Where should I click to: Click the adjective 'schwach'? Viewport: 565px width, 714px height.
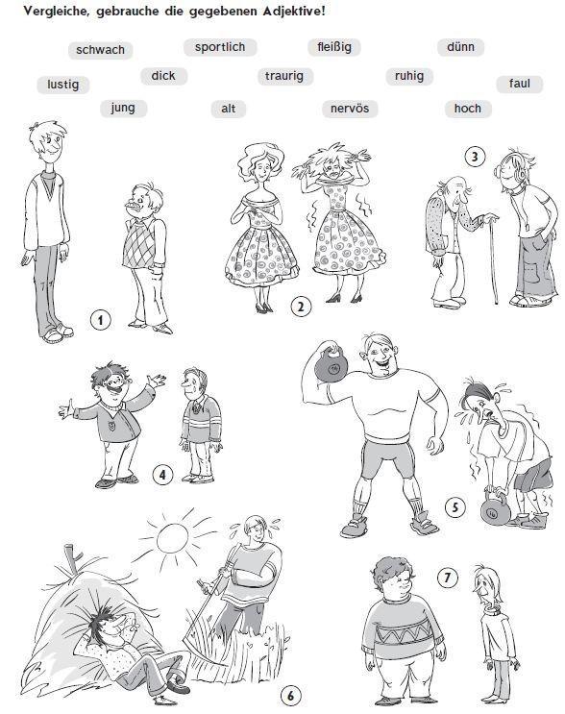coord(100,50)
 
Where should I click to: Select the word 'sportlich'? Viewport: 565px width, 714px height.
coord(220,47)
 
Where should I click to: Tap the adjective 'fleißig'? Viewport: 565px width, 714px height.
coord(334,47)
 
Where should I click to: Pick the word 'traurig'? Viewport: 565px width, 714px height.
coord(284,76)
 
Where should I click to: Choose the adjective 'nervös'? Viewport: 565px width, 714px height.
coord(350,109)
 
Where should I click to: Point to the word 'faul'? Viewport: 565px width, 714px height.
coord(520,84)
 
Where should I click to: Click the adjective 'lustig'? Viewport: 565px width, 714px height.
coord(62,85)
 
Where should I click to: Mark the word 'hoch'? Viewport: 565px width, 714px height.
coord(468,109)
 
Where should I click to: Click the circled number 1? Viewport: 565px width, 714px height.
coord(100,320)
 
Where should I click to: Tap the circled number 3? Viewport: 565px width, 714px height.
coord(475,157)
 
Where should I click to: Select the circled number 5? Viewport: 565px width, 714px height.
coord(455,506)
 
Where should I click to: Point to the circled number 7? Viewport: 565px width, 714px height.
coord(448,578)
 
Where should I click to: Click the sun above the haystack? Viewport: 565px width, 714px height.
coord(173,537)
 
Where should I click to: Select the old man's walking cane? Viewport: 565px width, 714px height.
coord(493,259)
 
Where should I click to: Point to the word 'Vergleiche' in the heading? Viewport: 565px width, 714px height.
coord(57,12)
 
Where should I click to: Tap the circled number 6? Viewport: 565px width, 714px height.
coord(290,696)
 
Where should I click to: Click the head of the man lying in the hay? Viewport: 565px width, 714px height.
coord(106,623)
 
